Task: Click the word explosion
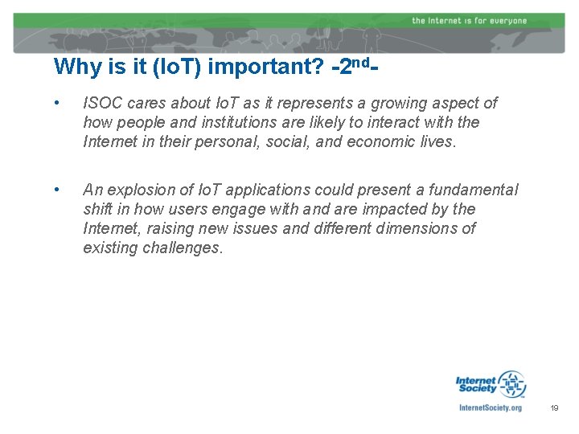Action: click(x=137, y=190)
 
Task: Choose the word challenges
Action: click(x=182, y=248)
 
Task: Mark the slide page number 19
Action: click(x=554, y=408)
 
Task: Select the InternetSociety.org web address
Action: click(x=490, y=407)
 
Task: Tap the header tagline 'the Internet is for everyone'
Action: click(x=469, y=20)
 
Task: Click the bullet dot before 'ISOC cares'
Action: click(x=56, y=103)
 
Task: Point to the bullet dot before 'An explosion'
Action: click(x=56, y=190)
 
